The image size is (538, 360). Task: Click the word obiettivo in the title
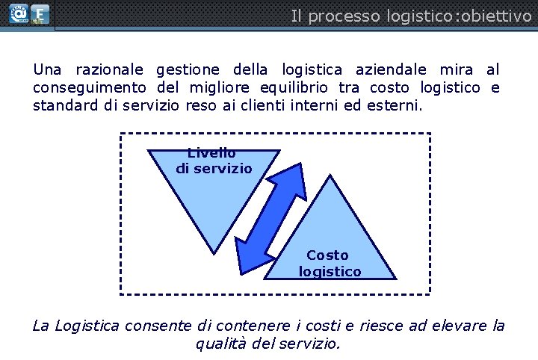coord(497,16)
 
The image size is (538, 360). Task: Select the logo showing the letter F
coord(40,15)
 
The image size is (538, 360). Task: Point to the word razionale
coord(109,70)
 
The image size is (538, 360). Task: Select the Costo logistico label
coord(329,264)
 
